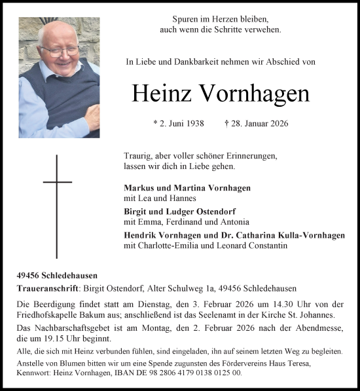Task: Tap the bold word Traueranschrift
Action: pos(47,288)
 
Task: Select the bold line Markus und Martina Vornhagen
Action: pos(178,188)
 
